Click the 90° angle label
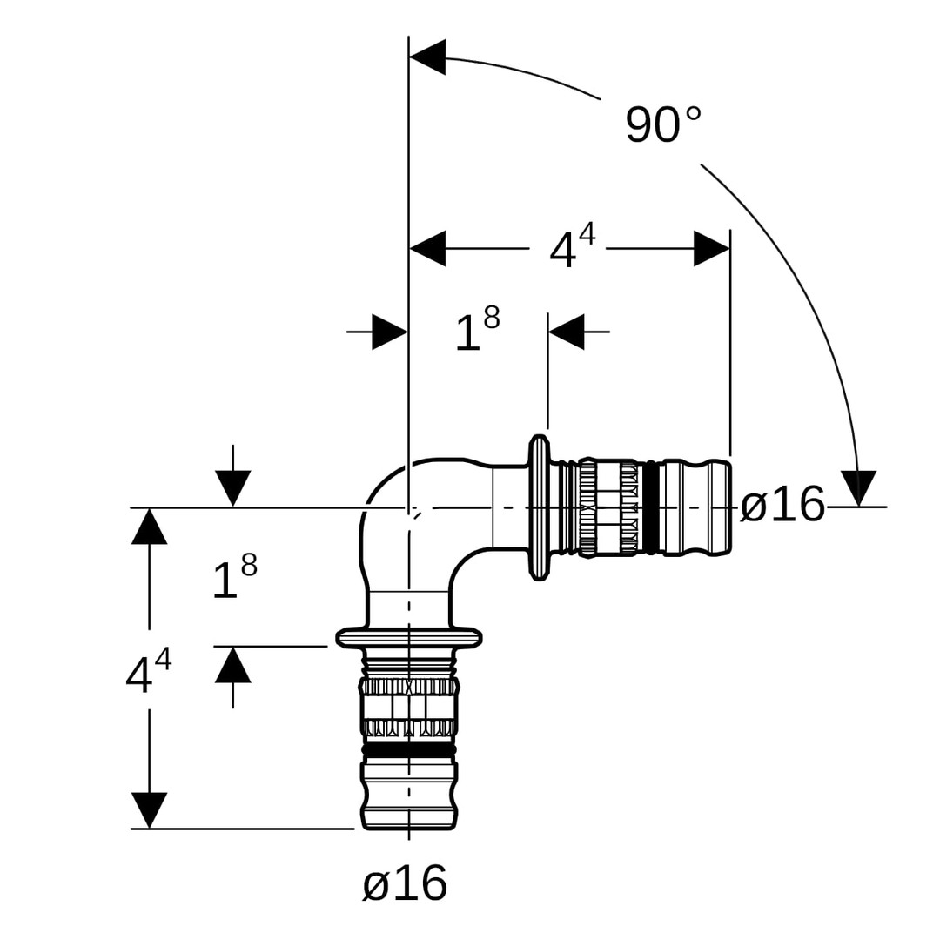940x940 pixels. tap(662, 125)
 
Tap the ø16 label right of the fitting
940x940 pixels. tap(782, 506)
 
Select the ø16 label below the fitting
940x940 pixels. tap(405, 884)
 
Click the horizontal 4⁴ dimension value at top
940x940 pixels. tap(572, 249)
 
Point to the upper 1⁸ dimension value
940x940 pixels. tap(477, 332)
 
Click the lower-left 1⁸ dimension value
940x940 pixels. tap(234, 579)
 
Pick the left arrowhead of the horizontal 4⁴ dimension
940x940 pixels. tap(427, 249)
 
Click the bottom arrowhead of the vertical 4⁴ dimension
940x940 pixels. tap(150, 810)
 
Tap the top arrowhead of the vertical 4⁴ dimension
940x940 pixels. tap(150, 527)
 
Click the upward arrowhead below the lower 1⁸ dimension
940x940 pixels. tap(233, 665)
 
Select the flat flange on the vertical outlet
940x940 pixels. tap(409, 638)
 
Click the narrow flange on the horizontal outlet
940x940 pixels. tap(540, 507)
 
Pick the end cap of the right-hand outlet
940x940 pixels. tap(719, 507)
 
